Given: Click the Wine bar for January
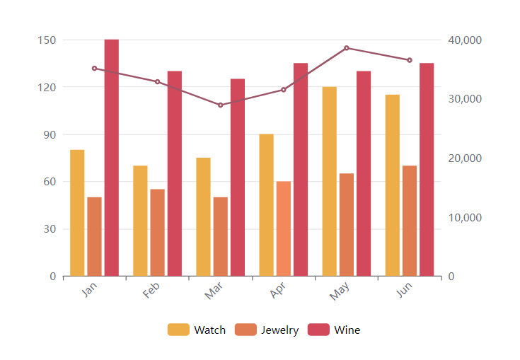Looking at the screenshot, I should click(112, 158).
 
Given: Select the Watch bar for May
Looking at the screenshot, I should click(329, 181).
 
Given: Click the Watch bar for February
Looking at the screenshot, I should click(140, 221).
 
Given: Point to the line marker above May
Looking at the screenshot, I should click(347, 48).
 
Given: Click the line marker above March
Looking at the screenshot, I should click(220, 105).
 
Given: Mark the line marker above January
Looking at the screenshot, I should click(94, 69).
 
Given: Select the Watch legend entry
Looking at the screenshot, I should click(197, 330).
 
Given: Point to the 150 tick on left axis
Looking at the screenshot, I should click(47, 40).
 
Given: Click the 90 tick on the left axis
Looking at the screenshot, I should click(49, 134).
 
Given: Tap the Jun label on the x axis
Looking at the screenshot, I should click(403, 290).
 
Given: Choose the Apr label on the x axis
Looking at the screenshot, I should click(277, 290).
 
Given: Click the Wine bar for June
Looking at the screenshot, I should click(427, 170).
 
